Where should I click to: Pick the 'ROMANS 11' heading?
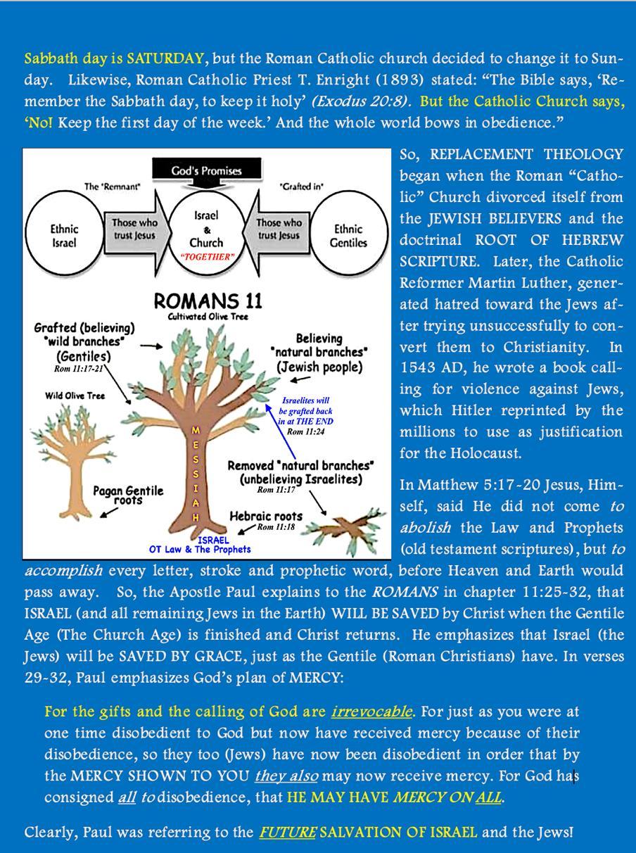[x=208, y=302]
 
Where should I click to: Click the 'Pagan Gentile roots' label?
[x=128, y=495]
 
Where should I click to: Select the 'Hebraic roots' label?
[x=266, y=516]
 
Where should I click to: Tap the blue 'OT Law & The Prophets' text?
[x=200, y=549]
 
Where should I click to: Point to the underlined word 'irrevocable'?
[x=371, y=712]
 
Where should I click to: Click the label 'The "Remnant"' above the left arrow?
[x=112, y=187]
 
